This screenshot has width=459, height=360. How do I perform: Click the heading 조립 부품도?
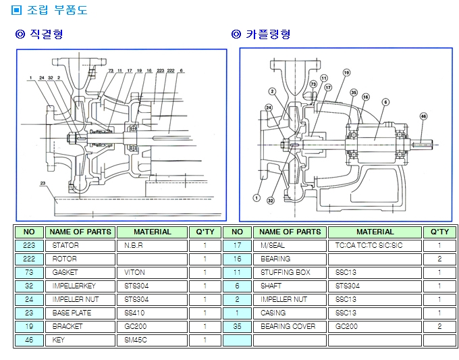point(49,11)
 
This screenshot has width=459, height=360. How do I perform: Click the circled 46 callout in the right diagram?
point(423,116)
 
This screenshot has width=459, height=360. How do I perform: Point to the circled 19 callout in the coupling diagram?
point(346,72)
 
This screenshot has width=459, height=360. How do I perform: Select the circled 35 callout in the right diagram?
point(354,92)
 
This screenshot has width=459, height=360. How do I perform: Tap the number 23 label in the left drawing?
point(43,183)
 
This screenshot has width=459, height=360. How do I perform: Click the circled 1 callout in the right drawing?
point(256,198)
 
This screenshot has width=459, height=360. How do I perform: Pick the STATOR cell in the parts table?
point(65,245)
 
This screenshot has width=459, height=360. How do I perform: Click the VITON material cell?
point(135,272)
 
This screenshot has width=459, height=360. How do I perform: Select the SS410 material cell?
point(135,313)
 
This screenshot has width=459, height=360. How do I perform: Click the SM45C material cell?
point(135,340)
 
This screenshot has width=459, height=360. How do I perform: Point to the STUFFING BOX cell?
point(286,272)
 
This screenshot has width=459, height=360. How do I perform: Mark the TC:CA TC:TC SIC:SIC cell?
point(365,245)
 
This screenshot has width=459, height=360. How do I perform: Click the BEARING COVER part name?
point(288,326)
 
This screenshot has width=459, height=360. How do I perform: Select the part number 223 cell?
point(29,245)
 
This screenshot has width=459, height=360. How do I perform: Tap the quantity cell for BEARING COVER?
point(439,326)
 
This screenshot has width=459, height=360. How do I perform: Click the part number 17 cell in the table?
point(238,245)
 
